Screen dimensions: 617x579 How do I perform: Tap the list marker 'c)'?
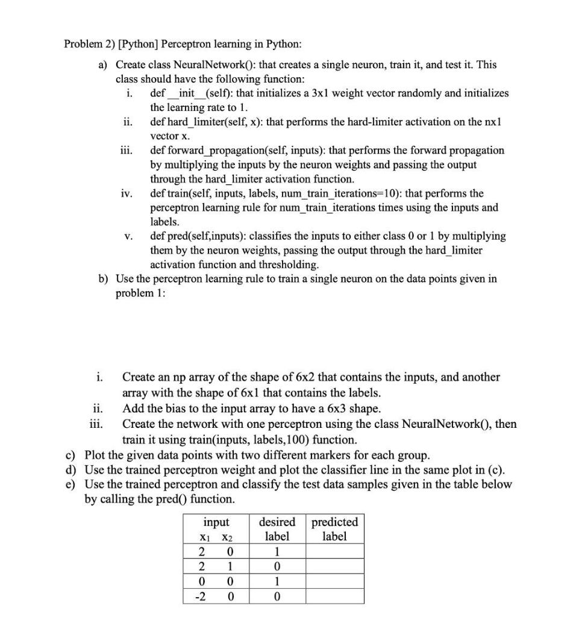coord(72,454)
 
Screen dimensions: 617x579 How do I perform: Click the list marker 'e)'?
coord(72,484)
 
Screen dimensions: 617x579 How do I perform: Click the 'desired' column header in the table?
coord(277,522)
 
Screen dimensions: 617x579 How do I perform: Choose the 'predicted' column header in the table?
coord(334,522)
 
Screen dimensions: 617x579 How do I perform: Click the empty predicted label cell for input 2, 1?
coord(334,567)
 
